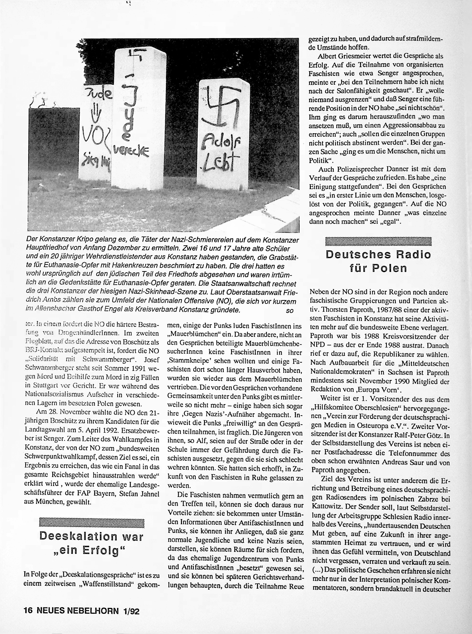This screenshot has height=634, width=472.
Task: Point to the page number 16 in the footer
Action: click(x=29, y=611)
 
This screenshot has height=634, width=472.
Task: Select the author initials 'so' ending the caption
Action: click(x=289, y=311)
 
